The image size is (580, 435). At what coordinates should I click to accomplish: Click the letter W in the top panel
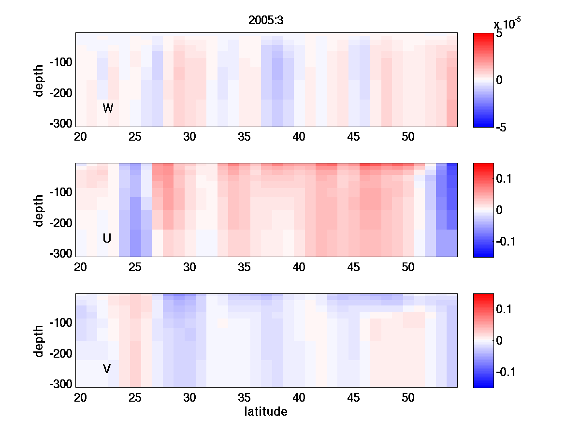[108, 108]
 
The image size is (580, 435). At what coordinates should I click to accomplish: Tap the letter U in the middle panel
[107, 238]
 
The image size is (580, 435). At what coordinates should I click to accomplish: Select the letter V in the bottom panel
[107, 369]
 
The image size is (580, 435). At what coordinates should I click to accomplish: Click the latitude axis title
[266, 412]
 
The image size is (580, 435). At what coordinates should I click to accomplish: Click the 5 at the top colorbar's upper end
[499, 34]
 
